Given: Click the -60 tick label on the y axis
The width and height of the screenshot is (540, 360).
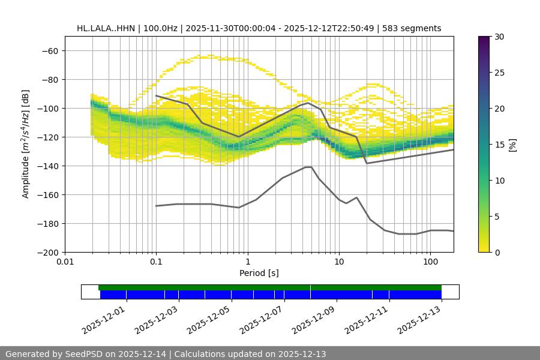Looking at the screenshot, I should [x=49, y=50].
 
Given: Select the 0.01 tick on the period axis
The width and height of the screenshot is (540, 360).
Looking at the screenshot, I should [x=65, y=262].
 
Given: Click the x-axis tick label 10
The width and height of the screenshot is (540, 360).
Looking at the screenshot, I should [x=339, y=262].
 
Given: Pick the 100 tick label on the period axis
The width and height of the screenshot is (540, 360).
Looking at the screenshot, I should [x=430, y=262].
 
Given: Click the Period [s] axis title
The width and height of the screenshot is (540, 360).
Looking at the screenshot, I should [x=259, y=273].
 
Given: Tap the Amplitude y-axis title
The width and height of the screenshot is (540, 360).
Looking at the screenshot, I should [x=26, y=144].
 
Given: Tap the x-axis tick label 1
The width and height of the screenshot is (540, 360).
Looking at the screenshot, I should [x=248, y=262].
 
